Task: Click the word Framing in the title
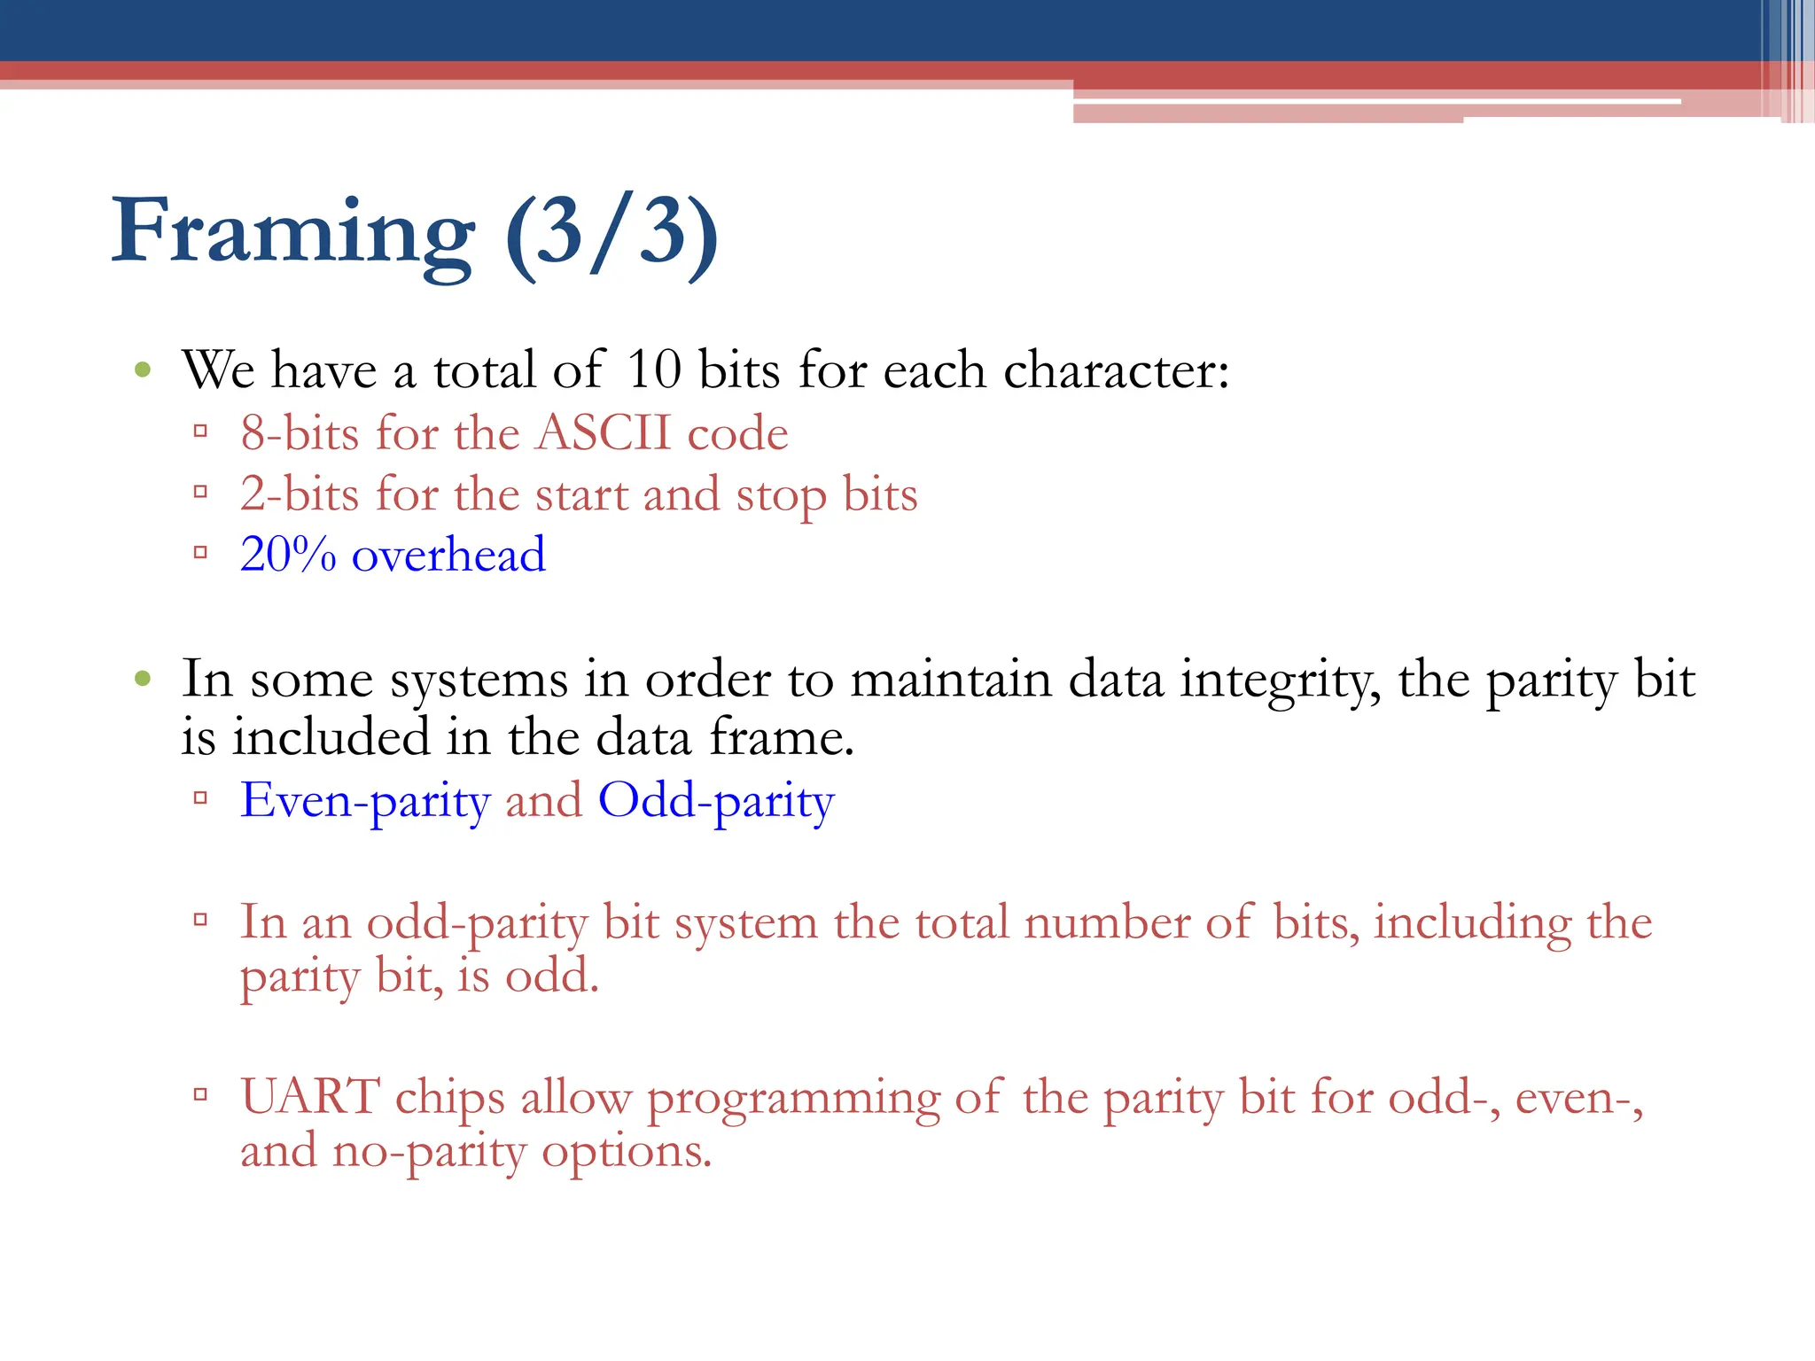(292, 232)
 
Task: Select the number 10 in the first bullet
(653, 369)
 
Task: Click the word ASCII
(604, 433)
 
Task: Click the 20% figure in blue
(288, 555)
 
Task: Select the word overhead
(448, 555)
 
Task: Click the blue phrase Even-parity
(365, 800)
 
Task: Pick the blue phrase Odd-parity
(716, 800)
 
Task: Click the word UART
(310, 1097)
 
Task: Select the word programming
(793, 1099)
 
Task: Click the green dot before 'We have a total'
(143, 369)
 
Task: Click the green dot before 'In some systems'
(143, 680)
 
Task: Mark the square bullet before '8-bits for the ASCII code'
(200, 432)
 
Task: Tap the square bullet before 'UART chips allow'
(200, 1095)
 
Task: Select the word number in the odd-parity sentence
(1106, 922)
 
